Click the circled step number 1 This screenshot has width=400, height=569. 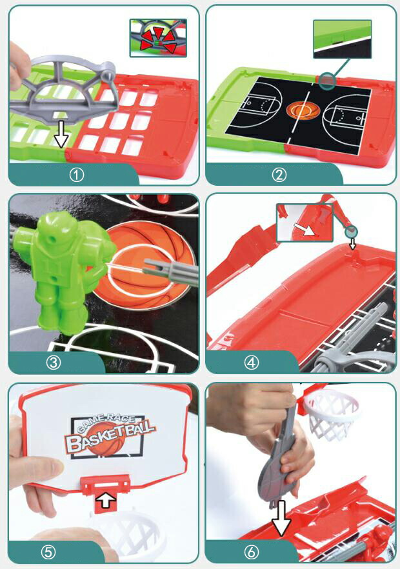[76, 175]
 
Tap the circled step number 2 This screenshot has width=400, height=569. [279, 175]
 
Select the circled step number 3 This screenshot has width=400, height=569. [54, 363]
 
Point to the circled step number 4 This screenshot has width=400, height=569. [252, 362]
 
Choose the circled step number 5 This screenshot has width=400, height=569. [48, 552]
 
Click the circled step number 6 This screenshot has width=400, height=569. [251, 552]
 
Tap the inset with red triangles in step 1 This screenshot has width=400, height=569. [158, 38]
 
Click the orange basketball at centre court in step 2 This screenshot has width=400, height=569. [303, 109]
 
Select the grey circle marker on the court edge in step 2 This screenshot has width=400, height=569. [327, 80]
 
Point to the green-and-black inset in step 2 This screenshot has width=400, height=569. [343, 39]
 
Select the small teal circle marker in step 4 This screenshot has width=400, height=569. [351, 232]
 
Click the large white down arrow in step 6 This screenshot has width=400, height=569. [282, 519]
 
